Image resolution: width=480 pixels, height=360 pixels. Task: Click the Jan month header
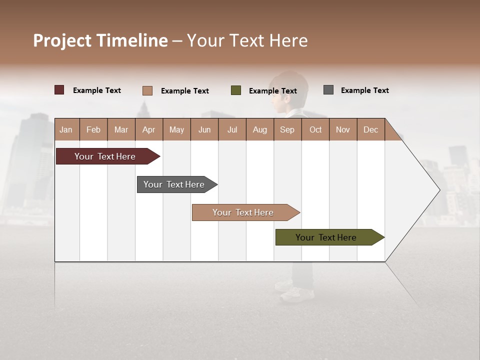(66, 129)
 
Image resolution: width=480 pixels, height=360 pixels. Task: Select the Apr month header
(149, 129)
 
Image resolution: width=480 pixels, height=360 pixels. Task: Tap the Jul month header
(232, 129)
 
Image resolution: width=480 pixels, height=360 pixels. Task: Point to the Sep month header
(287, 129)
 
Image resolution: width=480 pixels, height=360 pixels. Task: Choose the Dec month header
(370, 129)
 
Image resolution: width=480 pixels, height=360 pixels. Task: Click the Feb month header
(93, 129)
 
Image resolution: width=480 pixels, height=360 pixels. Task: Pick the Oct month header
(315, 129)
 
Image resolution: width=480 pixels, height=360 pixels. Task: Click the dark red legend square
(59, 90)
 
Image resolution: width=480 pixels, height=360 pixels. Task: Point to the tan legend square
(147, 90)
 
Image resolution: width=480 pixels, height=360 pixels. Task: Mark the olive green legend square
(236, 90)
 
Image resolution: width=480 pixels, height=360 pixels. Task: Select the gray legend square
(328, 90)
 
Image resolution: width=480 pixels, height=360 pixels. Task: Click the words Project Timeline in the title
(100, 40)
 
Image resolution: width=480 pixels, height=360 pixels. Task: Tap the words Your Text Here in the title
(247, 40)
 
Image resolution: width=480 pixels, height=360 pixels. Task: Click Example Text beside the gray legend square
(364, 90)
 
